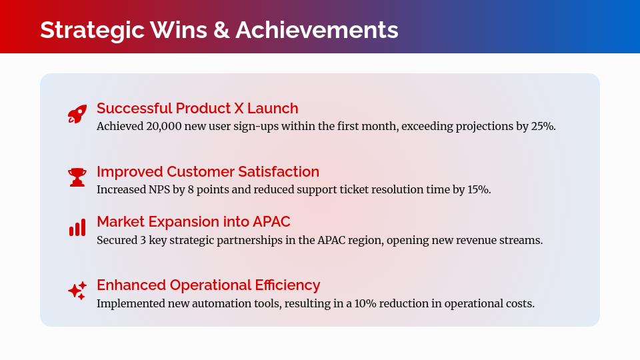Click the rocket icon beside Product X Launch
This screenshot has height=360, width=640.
77,114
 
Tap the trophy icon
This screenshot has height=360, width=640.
77,177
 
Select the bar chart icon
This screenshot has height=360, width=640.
77,228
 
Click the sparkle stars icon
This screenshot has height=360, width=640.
77,291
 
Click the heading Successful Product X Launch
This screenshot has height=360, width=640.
197,108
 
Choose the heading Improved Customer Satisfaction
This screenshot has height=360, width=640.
208,171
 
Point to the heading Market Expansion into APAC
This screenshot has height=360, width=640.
193,221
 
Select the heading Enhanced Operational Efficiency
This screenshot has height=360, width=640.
208,285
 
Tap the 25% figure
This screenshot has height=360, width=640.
543,126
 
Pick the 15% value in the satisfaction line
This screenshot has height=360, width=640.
479,189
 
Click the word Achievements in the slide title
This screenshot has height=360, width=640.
317,30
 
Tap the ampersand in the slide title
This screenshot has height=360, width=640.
221,30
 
